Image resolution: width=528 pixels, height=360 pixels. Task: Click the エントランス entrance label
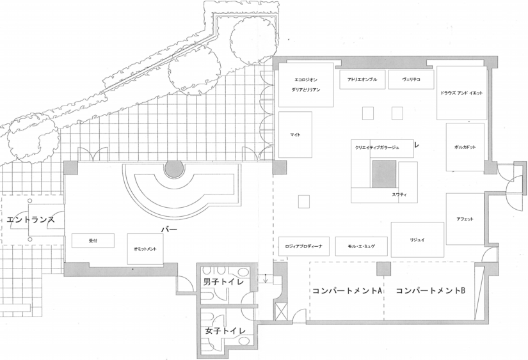30,220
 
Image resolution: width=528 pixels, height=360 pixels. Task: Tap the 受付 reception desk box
93,240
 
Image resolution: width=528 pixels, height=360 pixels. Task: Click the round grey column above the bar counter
173,169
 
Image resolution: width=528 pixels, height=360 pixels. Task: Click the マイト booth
295,135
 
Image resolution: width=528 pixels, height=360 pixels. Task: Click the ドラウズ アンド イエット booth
462,93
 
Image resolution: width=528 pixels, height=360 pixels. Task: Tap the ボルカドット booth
465,147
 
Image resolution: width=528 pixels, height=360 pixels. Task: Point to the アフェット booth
465,219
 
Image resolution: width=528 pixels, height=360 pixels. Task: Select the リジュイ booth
417,239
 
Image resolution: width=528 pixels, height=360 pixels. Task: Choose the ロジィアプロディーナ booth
304,246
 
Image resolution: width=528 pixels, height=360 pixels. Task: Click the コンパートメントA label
347,291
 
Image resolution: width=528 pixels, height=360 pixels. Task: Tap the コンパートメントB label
430,291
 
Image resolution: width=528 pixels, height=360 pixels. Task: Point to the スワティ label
400,194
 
